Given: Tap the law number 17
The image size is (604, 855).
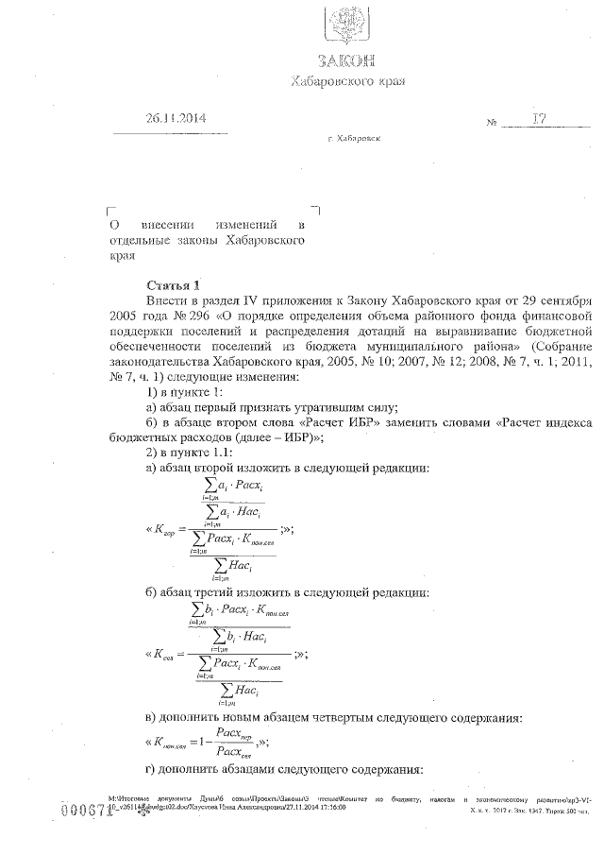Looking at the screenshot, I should coord(539,119).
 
